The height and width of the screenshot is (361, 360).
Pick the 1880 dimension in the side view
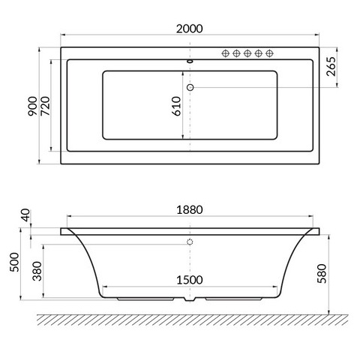pos(190,211)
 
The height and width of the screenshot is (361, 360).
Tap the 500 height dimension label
pos(13,264)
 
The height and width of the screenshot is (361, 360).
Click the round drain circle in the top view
pos(190,88)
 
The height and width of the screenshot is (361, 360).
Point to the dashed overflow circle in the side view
pos(190,242)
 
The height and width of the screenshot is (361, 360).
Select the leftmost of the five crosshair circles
pos(224,53)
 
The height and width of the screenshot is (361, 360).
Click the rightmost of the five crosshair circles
pos(268,53)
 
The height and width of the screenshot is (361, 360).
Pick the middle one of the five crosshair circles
pos(247,53)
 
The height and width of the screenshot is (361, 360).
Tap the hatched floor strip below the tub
pos(187,318)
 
